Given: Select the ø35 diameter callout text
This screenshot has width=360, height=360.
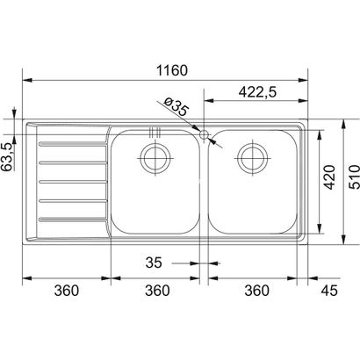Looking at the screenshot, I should pos(177,109).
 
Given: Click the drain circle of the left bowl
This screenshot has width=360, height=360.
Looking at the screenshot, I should pos(155,159).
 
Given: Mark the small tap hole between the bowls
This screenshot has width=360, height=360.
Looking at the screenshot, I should pos(205,136).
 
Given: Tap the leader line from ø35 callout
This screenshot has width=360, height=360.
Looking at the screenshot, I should pos(188,122).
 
